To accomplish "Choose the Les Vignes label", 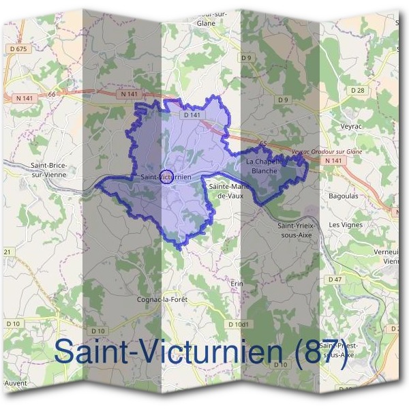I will (x=345, y=224).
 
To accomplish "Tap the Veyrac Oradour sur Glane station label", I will (x=327, y=151).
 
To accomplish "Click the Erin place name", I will (x=237, y=283).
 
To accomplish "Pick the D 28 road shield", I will (x=358, y=90).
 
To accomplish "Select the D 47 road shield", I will (x=335, y=279).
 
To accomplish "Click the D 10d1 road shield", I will (x=239, y=324).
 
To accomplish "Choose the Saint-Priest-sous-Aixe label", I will (x=338, y=350).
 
